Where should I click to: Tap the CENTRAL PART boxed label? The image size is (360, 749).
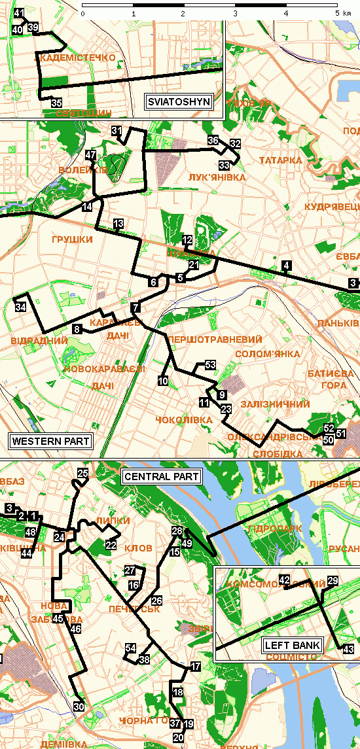[x=161, y=476]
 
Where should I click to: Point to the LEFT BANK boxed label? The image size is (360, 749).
[x=292, y=646]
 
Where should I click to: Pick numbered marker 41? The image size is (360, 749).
[x=19, y=14]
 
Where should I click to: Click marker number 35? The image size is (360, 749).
[x=56, y=103]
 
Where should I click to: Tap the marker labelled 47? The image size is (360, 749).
[x=91, y=155]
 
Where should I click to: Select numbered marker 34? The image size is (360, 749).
[x=21, y=307]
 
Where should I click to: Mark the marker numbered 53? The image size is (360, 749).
[x=210, y=364]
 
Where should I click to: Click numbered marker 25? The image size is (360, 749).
[x=82, y=474]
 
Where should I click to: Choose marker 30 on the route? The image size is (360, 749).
[x=79, y=706]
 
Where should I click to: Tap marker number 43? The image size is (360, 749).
[x=348, y=648]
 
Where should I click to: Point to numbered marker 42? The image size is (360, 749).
[x=284, y=580]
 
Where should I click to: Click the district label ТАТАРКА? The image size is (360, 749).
[x=280, y=160]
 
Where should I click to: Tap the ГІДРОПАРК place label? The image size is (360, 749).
[x=269, y=529]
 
